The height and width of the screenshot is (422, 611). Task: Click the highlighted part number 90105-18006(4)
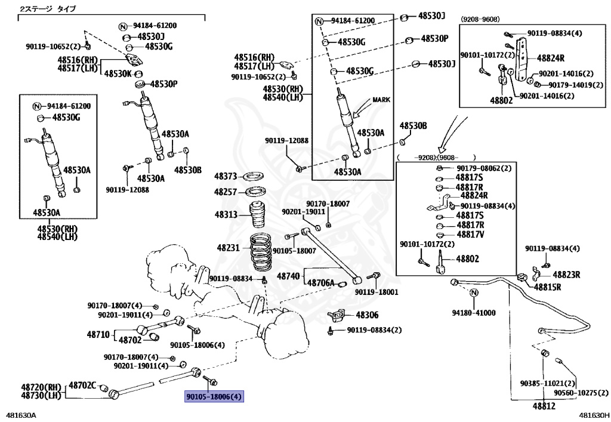[x=214, y=397]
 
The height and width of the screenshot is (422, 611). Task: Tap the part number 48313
[x=226, y=215]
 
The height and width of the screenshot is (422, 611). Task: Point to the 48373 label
[x=226, y=177]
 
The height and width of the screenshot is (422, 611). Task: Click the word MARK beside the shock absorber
[x=381, y=100]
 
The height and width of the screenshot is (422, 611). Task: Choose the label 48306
[x=367, y=315]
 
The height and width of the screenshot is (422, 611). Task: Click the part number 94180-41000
[x=474, y=313]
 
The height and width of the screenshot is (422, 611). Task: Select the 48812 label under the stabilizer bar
[x=544, y=406]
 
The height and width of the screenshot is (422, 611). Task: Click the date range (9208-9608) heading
[x=480, y=19]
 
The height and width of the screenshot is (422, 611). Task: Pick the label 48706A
[x=320, y=282]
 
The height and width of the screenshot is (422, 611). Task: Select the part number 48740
[x=288, y=276]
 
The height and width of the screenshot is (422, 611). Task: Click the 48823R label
[x=566, y=275]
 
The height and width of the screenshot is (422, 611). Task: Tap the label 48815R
[x=547, y=287]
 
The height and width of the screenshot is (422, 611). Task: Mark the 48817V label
[x=470, y=235]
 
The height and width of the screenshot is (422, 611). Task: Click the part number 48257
[x=226, y=192]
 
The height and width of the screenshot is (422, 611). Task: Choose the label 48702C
[x=82, y=386]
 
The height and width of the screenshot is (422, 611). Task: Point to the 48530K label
[x=118, y=73]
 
